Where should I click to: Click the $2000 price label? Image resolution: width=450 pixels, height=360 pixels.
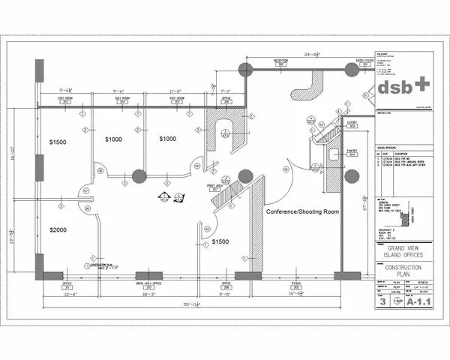point(60,229)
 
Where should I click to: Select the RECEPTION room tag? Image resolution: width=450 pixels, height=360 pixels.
point(281,61)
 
